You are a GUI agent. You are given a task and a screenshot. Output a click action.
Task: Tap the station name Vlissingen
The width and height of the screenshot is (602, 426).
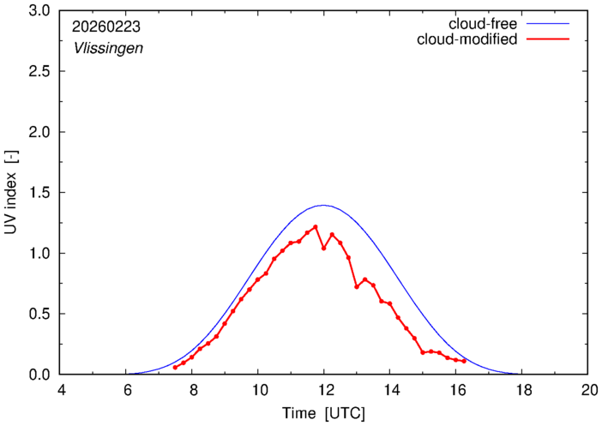tap(107, 48)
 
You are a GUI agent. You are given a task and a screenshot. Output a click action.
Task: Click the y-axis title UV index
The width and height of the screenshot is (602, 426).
tap(12, 193)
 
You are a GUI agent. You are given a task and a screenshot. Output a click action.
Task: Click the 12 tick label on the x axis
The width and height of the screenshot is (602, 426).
tap(323, 390)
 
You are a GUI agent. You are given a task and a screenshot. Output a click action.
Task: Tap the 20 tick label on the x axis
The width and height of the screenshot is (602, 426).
tap(587, 390)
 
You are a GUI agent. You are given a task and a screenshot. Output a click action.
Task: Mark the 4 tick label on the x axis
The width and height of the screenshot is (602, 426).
tap(60, 390)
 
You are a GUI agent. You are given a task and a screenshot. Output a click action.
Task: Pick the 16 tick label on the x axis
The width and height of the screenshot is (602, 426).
tap(455, 390)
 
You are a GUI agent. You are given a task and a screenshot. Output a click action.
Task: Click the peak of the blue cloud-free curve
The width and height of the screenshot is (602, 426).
tap(323, 205)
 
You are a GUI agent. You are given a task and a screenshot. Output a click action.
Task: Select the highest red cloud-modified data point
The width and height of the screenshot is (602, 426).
tap(316, 227)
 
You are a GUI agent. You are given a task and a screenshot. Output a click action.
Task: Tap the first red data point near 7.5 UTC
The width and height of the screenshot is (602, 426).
tap(175, 368)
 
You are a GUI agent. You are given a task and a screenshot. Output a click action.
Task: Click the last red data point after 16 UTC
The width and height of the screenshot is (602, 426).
tap(464, 361)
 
